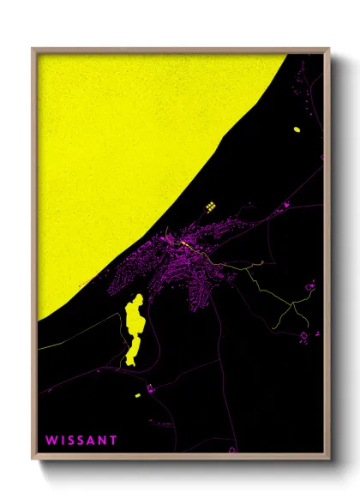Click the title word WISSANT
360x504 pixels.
81,441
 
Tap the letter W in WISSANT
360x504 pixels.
51,441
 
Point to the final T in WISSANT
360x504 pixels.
113,441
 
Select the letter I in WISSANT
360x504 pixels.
62,441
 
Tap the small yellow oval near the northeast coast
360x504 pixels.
297,129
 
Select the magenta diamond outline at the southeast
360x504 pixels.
303,336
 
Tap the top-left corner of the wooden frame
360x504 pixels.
33,49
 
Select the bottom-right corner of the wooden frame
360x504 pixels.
328,460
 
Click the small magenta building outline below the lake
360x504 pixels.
150,390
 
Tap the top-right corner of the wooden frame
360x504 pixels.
328,49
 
